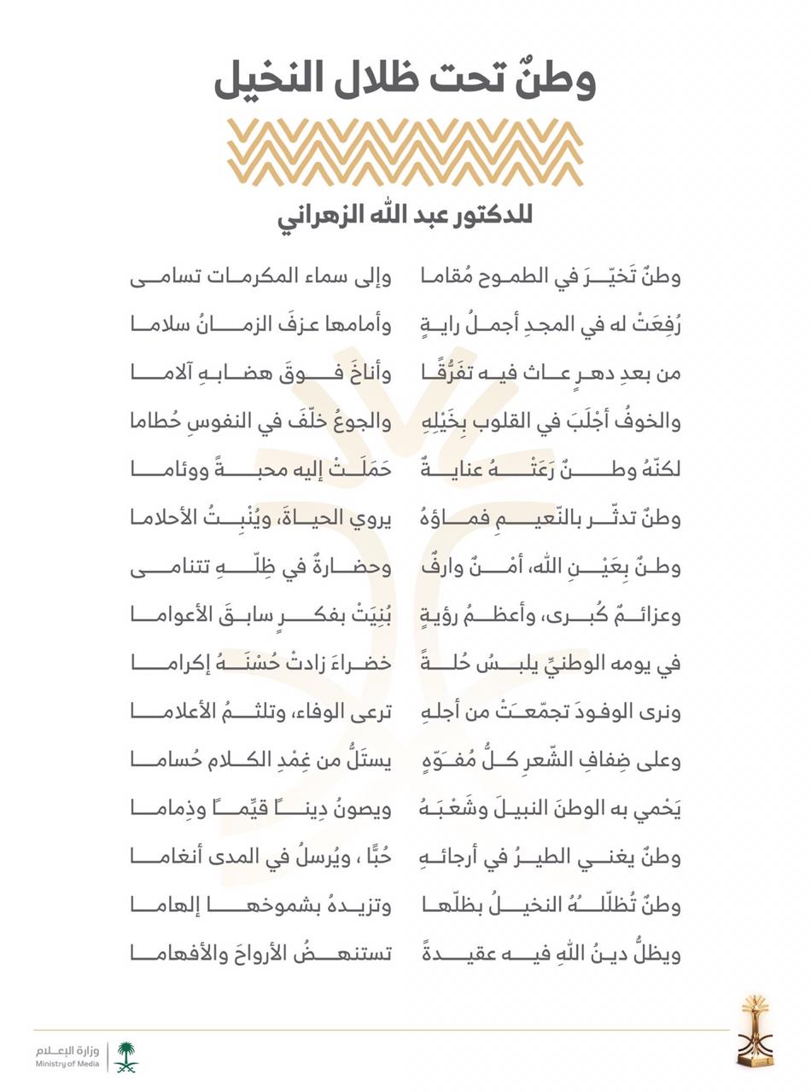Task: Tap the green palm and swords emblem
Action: click(x=126, y=1056)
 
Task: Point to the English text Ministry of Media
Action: click(x=67, y=1064)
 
